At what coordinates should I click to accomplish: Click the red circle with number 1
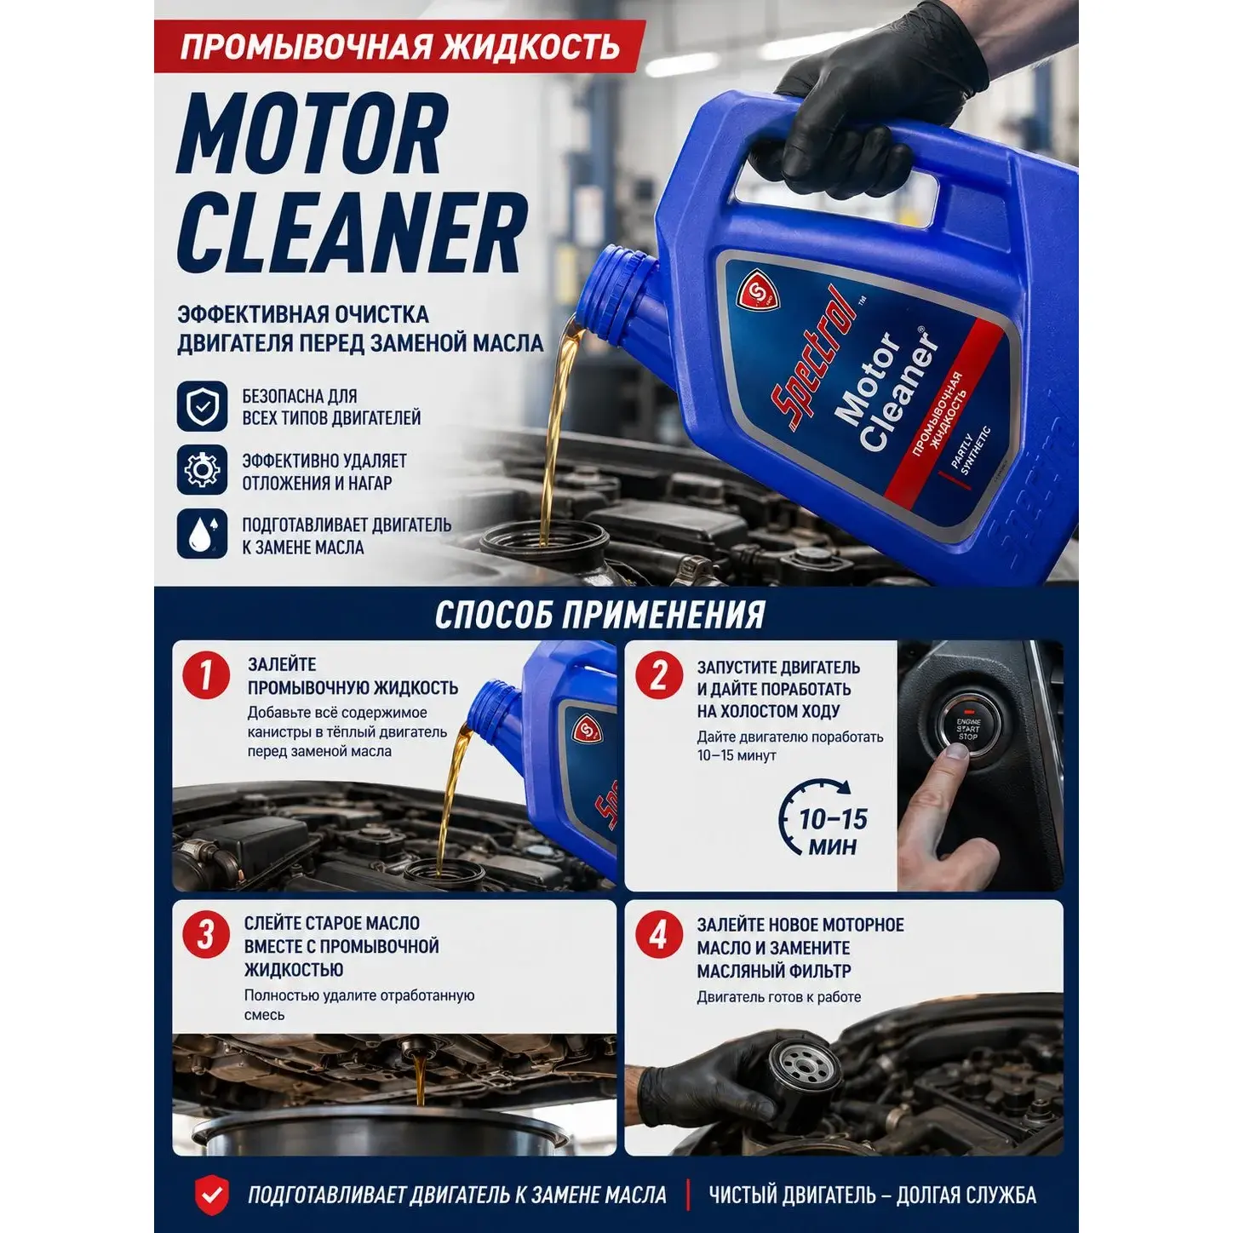[x=206, y=676]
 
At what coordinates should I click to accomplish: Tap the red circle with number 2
[x=658, y=676]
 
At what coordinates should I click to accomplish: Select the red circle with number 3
[x=205, y=935]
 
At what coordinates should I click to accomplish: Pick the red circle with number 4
[x=658, y=935]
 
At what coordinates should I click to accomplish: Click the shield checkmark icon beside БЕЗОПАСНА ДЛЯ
[x=202, y=405]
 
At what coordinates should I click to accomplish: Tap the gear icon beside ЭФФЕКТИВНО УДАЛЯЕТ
[x=202, y=470]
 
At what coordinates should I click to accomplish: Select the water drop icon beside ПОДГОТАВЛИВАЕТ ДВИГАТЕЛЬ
[x=202, y=534]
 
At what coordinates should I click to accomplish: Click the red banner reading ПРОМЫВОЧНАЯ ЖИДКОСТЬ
[x=400, y=47]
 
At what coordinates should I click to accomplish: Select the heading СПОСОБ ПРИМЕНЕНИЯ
[x=600, y=615]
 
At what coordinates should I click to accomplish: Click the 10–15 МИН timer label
[x=833, y=832]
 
